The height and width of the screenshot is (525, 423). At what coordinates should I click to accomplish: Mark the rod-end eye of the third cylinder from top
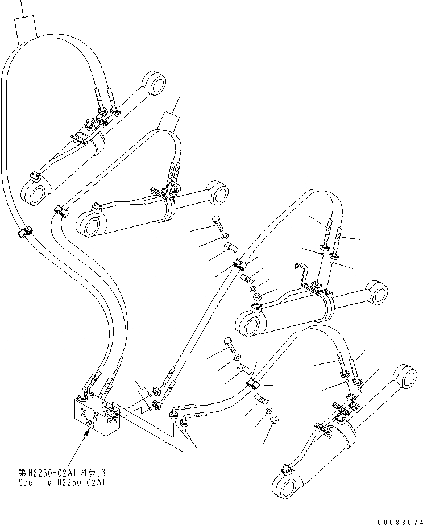pyautogui.click(x=375, y=291)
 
